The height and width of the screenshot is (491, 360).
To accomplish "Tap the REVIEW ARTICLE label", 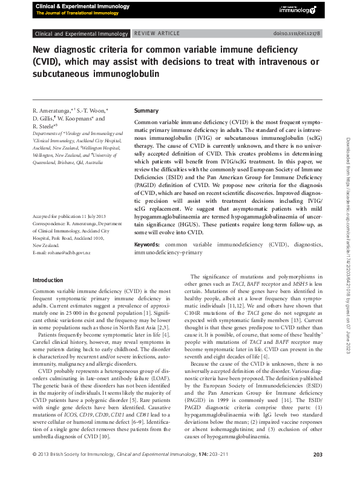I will tap(155, 34).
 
